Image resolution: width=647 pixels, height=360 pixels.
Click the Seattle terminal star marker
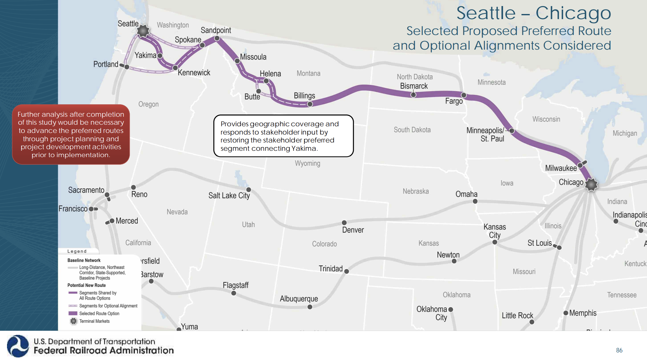click(143, 31)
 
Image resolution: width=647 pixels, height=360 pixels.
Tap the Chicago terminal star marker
click(591, 184)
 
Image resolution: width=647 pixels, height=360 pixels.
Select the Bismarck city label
click(414, 86)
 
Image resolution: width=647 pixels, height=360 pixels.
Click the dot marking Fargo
click(464, 95)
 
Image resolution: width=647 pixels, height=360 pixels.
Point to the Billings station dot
click(310, 104)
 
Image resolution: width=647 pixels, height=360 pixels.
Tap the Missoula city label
click(253, 57)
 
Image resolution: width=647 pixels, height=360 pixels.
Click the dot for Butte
click(259, 91)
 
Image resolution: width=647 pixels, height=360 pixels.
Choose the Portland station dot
click(126, 67)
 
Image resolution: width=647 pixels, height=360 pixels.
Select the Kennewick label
click(194, 73)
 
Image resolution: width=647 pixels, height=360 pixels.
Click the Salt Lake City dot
click(249, 190)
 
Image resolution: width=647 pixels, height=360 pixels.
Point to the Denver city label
click(353, 230)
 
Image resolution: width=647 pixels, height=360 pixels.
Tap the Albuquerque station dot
click(310, 307)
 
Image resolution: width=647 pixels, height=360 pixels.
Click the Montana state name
click(308, 73)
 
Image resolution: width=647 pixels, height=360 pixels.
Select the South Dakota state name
click(412, 130)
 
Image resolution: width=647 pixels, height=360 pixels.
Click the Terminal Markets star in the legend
click(73, 321)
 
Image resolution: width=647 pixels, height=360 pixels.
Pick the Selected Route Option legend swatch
click(73, 313)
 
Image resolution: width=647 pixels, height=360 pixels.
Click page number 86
click(619, 350)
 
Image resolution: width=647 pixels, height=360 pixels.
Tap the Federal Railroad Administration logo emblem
click(18, 346)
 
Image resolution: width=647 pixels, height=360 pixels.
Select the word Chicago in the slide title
click(573, 13)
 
